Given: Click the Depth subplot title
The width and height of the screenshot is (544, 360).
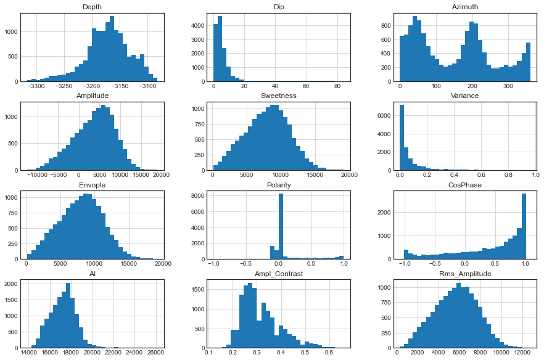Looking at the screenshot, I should coord(93,7).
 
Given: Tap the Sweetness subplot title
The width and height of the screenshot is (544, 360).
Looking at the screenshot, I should coord(278,96).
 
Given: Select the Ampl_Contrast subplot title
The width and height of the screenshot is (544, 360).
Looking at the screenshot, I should coord(278,272).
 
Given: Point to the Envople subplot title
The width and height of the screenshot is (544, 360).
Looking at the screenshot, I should coord(93,184).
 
